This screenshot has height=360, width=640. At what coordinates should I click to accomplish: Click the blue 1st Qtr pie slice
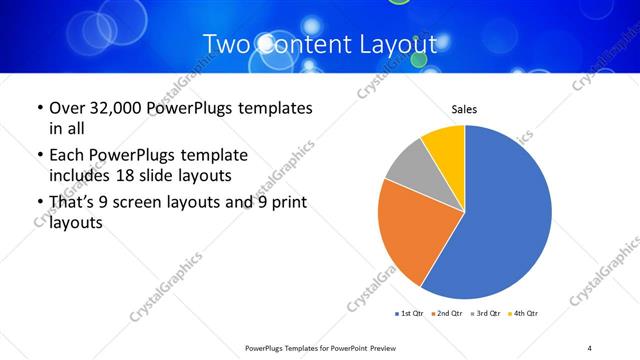tap(500, 220)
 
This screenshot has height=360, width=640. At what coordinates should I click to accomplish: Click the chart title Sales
tap(464, 108)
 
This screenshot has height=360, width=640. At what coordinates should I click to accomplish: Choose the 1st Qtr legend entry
tap(408, 314)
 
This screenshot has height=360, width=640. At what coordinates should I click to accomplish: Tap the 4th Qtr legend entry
tap(523, 314)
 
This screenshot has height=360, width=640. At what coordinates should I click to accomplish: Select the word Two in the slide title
tap(227, 45)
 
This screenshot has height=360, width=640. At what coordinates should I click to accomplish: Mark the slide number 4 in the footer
tap(590, 347)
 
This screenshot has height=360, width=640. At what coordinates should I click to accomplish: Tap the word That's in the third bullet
tap(73, 204)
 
